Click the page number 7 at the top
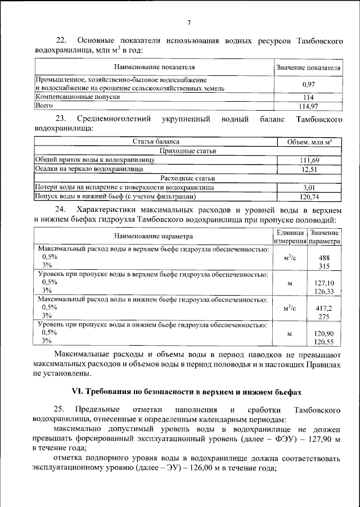tap(189, 22)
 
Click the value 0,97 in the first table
tap(308, 84)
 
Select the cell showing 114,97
tap(308, 105)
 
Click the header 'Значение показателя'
tap(308, 67)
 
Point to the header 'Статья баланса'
tap(156, 142)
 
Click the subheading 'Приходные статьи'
tap(188, 151)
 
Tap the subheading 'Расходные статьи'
tap(188, 178)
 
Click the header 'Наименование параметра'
tap(154, 237)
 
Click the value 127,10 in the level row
tap(324, 283)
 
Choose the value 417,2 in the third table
tap(324, 309)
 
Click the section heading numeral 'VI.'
tap(76, 391)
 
